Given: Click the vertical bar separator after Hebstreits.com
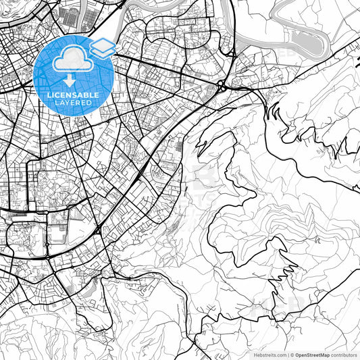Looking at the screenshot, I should point(288,354).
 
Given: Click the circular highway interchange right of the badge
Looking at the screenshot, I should point(222,85).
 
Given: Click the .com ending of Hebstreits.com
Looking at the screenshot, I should point(280,354).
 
